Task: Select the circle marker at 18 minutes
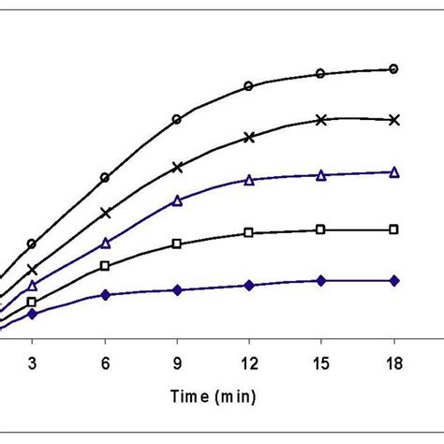(393, 68)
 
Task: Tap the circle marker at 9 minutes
(177, 119)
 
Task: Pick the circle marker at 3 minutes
(33, 244)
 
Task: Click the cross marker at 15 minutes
(320, 120)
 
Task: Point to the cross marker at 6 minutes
(105, 213)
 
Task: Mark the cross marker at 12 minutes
(248, 137)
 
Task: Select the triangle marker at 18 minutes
(393, 171)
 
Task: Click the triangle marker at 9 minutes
(177, 200)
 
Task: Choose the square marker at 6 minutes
(105, 265)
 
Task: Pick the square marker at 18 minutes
(393, 229)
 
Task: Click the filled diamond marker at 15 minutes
(320, 280)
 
